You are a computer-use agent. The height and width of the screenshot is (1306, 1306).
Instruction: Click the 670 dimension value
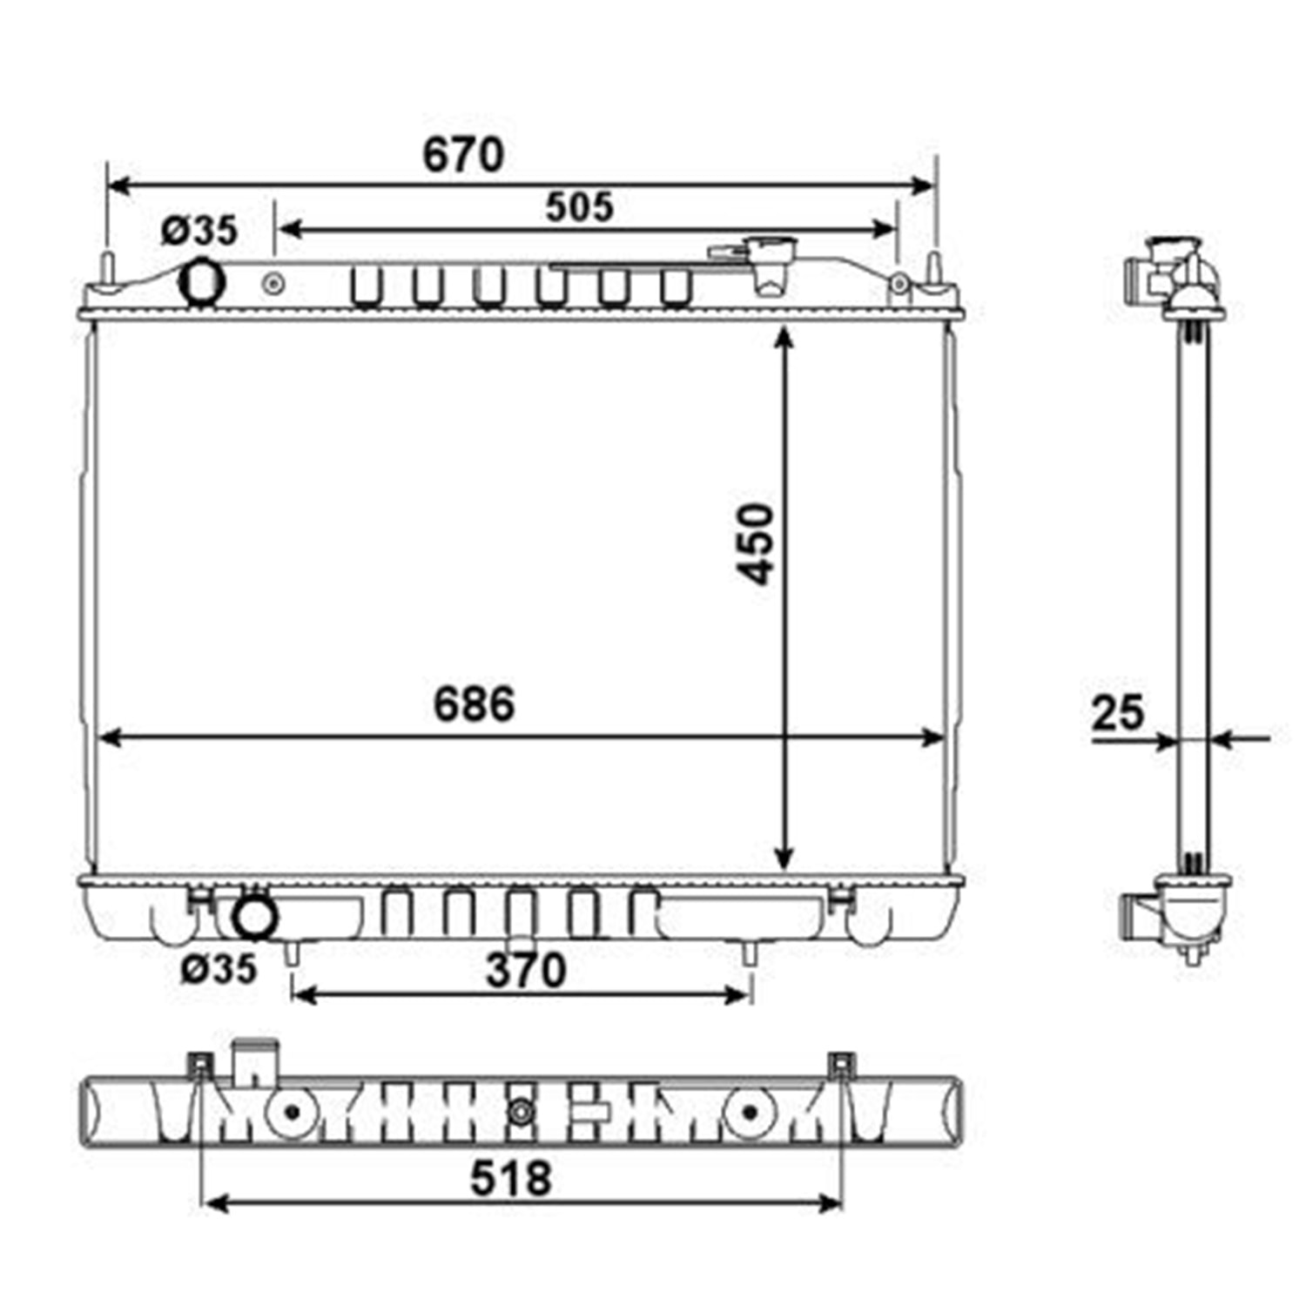(x=463, y=155)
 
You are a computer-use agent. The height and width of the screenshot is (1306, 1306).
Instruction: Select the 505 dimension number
(x=580, y=207)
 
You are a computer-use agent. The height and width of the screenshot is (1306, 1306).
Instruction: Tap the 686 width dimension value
(x=475, y=703)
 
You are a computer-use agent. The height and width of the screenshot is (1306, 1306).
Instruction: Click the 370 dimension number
(x=526, y=970)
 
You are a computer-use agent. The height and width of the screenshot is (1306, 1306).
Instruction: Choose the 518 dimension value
(x=511, y=1179)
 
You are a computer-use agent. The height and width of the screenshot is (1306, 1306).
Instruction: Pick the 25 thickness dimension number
(x=1117, y=713)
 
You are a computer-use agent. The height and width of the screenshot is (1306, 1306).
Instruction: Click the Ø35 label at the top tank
(x=199, y=231)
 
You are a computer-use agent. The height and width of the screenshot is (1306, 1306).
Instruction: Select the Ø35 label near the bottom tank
(x=219, y=969)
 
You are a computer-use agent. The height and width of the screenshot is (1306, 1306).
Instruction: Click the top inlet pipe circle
(x=202, y=282)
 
